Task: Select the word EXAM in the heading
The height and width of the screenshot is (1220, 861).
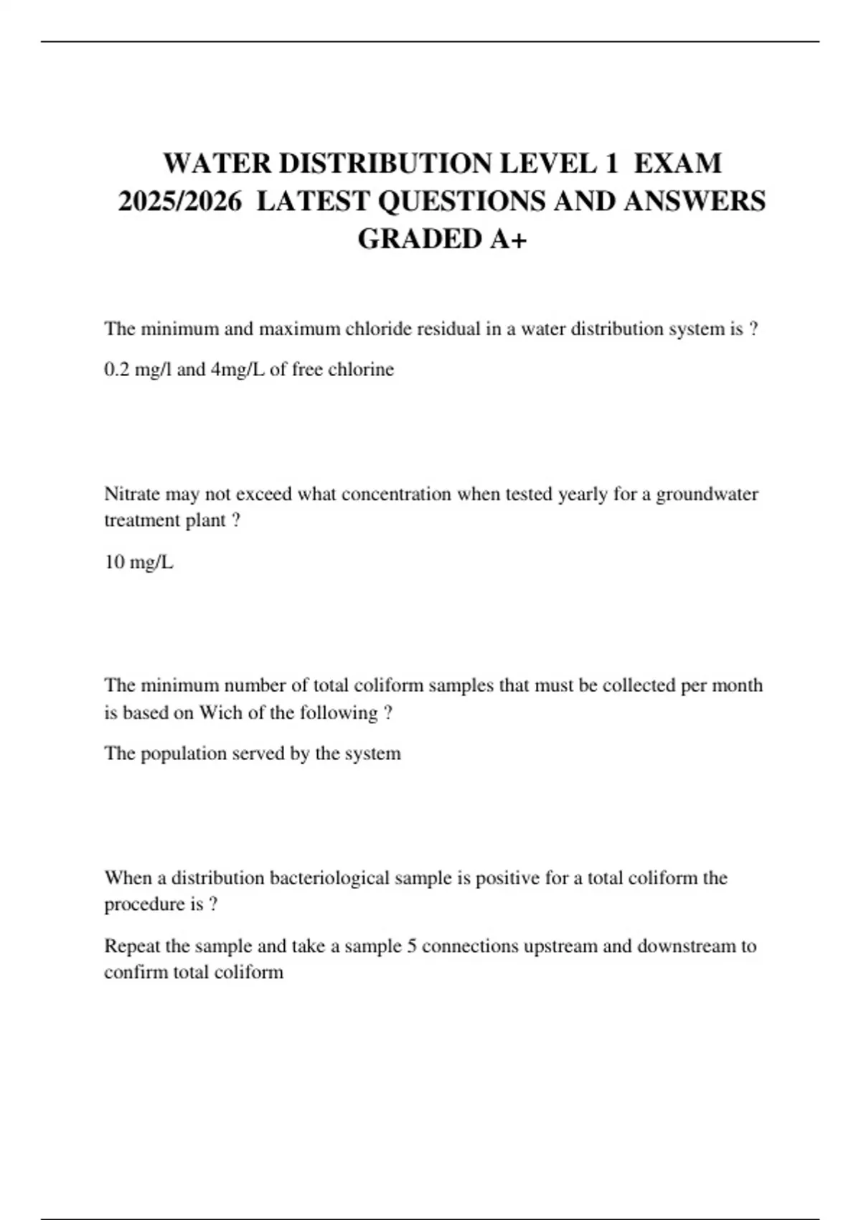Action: click(677, 164)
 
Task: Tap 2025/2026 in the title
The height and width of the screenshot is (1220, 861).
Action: click(179, 201)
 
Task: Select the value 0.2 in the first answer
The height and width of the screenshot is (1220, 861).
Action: click(116, 370)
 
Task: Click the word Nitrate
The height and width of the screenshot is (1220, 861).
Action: click(132, 494)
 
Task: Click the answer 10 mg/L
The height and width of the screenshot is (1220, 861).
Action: click(138, 562)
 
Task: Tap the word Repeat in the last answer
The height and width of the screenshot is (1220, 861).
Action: click(132, 946)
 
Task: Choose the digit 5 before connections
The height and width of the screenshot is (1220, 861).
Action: click(412, 946)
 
